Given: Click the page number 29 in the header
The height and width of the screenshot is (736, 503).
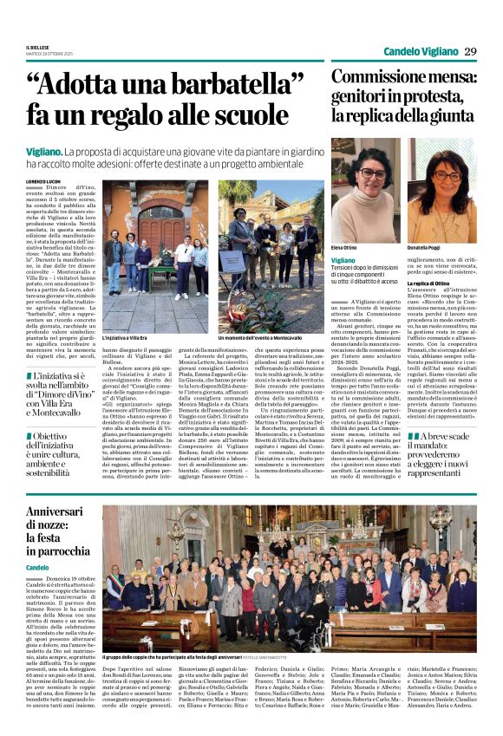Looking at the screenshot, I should click(x=470, y=52).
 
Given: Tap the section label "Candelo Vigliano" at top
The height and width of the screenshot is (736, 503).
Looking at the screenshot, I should click(x=420, y=52).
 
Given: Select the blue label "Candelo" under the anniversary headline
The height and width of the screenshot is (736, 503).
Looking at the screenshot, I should click(x=37, y=568).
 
